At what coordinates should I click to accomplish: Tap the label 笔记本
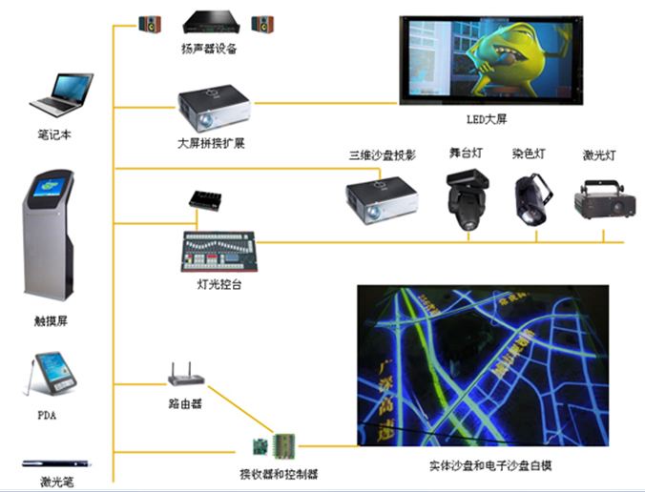pyautogui.click(x=53, y=135)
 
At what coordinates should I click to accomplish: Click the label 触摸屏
pyautogui.click(x=52, y=321)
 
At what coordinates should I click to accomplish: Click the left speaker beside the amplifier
pyautogui.click(x=150, y=22)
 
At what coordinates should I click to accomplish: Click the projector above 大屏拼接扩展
pyautogui.click(x=214, y=110)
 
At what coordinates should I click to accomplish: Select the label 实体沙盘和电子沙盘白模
pyautogui.click(x=490, y=466)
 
